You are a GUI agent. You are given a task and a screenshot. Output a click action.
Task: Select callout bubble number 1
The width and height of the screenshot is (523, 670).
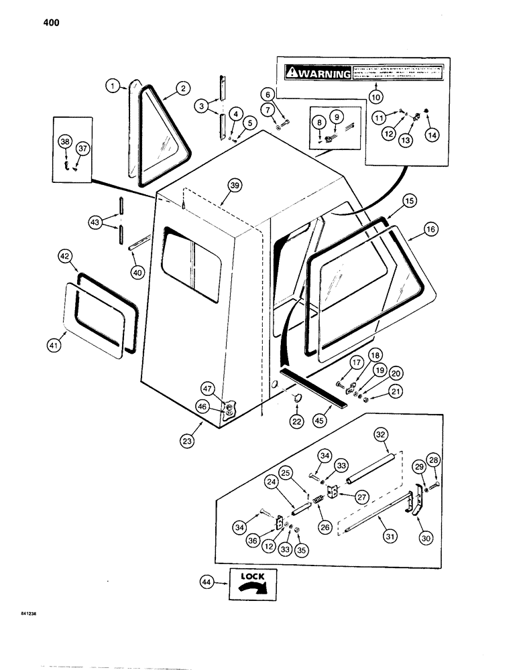tap(114, 85)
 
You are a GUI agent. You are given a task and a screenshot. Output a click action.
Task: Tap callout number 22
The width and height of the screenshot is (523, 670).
tap(296, 421)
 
